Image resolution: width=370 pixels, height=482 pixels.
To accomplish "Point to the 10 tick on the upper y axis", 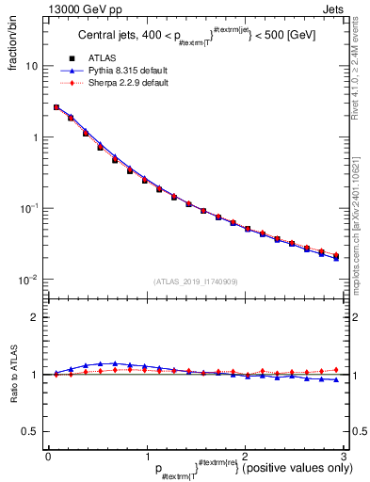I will pyautogui.click(x=31, y=67).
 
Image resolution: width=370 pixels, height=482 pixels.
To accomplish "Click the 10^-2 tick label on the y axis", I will pyautogui.click(x=28, y=280).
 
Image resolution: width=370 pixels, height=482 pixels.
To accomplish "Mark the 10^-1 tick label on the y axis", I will pyautogui.click(x=28, y=209).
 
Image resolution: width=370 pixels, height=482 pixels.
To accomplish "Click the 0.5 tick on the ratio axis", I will pyautogui.click(x=31, y=431).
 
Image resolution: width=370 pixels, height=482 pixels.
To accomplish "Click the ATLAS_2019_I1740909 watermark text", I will pyautogui.click(x=195, y=281).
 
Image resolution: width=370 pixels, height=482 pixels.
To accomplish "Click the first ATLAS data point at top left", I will pyautogui.click(x=56, y=107).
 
